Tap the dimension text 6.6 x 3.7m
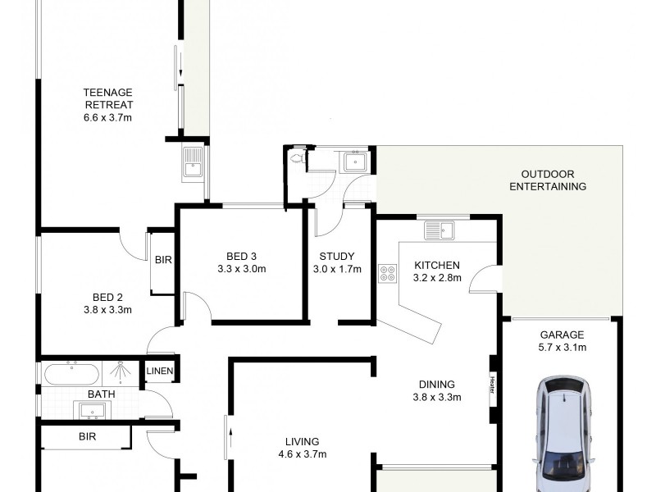point(107,117)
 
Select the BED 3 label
point(241,255)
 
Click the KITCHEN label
point(437,265)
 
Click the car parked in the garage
point(564,430)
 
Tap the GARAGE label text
point(562,335)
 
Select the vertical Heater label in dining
point(492,384)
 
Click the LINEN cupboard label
point(159,372)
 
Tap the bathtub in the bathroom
point(71,374)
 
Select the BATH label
point(101,394)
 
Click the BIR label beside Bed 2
point(162,260)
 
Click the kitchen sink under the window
point(439,230)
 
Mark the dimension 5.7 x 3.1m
point(562,348)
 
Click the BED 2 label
point(107,297)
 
